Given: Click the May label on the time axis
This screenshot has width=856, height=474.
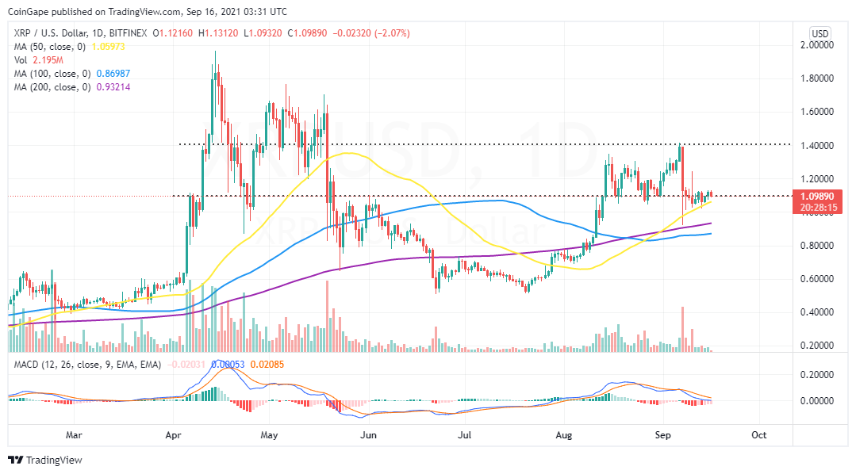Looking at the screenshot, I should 270,434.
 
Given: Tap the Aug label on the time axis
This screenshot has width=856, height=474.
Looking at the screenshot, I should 564,434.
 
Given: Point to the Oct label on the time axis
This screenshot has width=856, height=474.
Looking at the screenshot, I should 758,434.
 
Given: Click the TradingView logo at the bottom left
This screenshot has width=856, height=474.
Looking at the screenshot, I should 45,460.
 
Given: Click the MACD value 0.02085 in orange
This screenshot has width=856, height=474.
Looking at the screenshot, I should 253,364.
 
